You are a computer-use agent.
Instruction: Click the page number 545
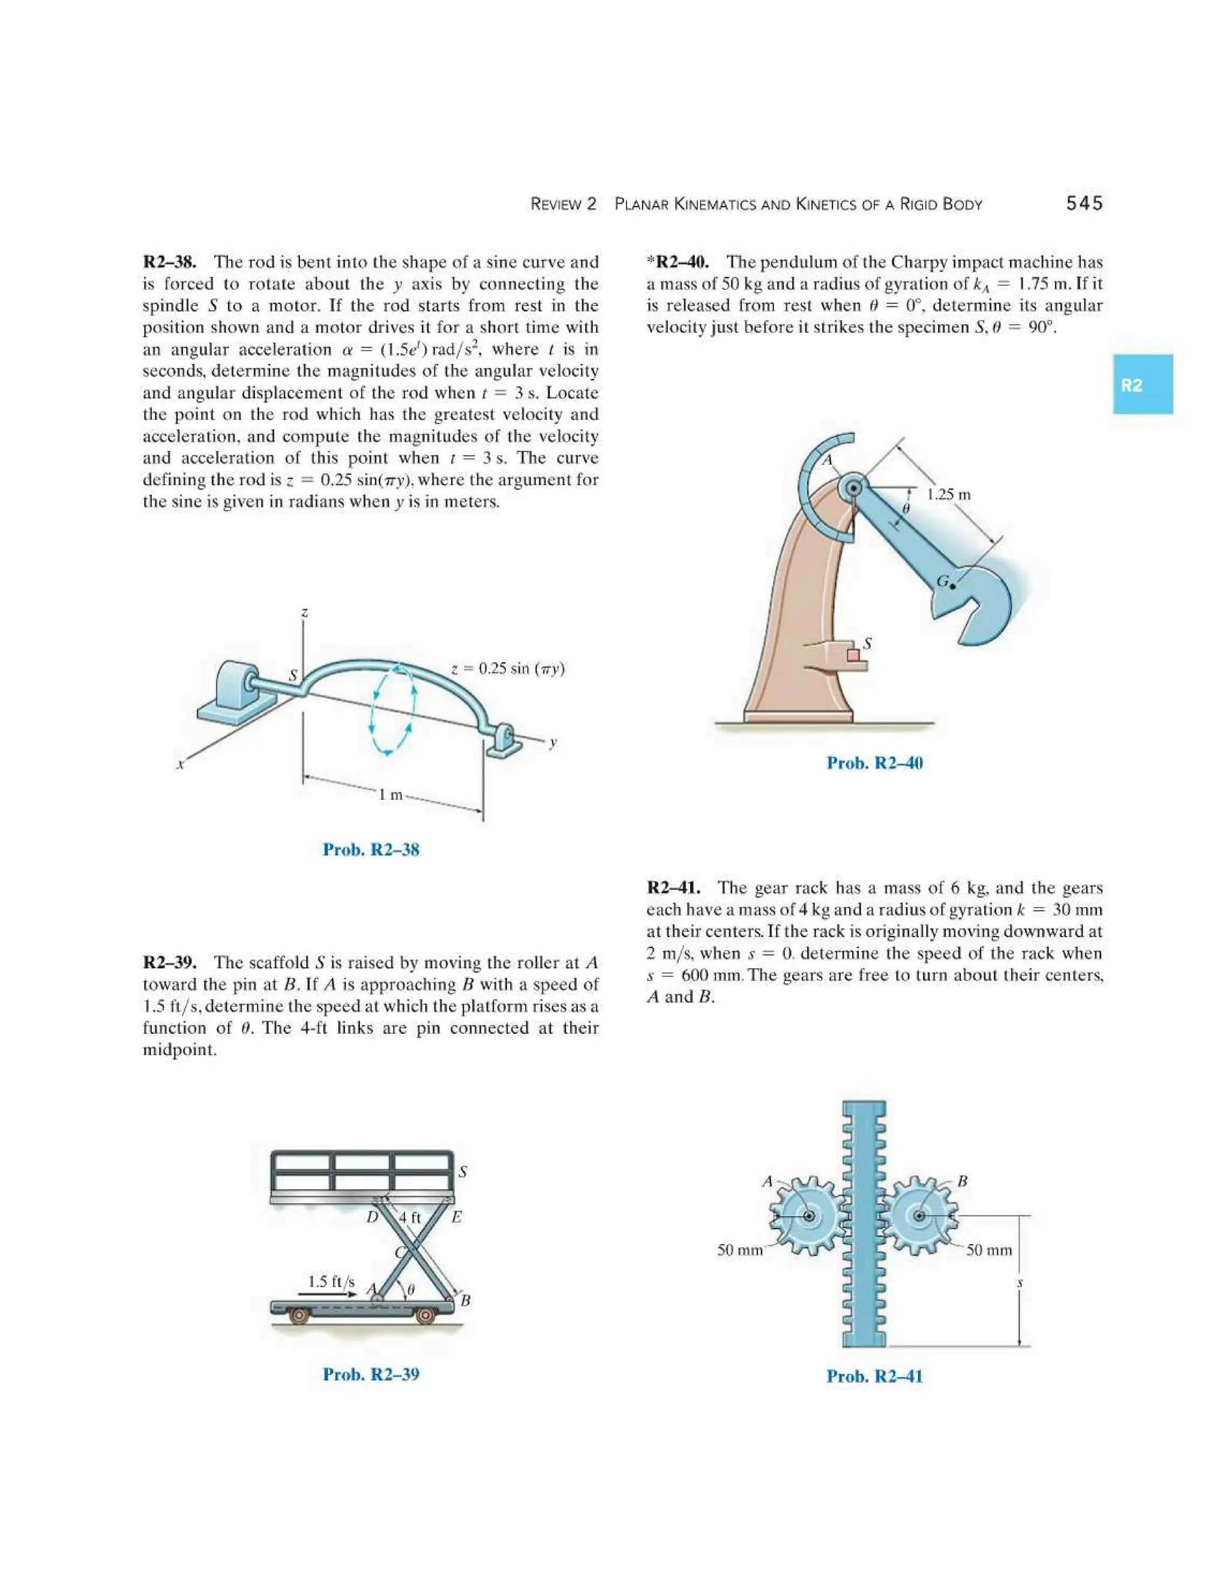tap(1084, 204)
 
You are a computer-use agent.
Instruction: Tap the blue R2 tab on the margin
tap(1141, 385)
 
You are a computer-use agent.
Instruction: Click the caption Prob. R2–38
tap(371, 850)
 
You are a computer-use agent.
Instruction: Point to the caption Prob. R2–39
tap(371, 1374)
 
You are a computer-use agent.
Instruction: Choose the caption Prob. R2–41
tap(874, 1376)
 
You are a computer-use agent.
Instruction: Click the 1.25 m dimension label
tap(948, 495)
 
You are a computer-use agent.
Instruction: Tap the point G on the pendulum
tap(952, 585)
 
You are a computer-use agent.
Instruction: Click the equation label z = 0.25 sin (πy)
tap(508, 669)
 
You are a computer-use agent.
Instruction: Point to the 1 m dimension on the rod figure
tap(391, 795)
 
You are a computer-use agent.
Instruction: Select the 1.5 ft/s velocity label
tap(331, 1281)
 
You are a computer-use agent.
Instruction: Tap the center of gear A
tap(808, 1216)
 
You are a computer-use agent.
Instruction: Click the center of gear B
tap(919, 1216)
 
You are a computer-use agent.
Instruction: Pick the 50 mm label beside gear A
tap(740, 1250)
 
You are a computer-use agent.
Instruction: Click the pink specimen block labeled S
tap(853, 656)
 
